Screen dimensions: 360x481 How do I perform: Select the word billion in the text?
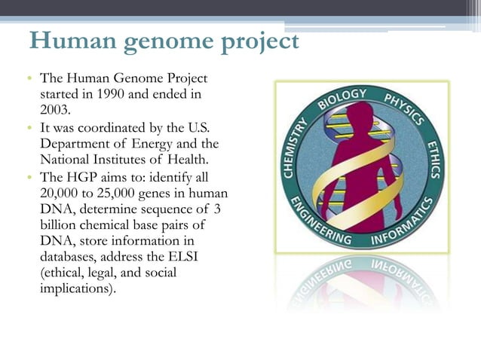tap(60, 224)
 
